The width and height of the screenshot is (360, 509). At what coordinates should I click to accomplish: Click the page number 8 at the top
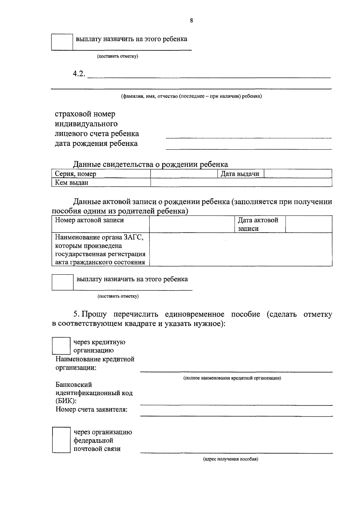click(191, 21)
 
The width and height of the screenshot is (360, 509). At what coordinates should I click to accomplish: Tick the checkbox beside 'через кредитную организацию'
click(61, 346)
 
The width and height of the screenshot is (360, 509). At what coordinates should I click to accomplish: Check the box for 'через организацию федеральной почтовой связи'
click(61, 440)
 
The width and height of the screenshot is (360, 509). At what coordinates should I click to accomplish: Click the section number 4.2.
click(79, 74)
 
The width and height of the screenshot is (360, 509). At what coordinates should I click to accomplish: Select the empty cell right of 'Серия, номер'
click(184, 174)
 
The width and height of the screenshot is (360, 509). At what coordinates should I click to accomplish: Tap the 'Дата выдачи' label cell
click(240, 174)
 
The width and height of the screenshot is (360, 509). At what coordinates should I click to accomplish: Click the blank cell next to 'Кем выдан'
click(241, 182)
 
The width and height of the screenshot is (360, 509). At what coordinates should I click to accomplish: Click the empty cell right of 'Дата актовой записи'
click(308, 224)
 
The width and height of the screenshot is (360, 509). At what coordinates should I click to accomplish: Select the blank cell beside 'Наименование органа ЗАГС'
click(240, 249)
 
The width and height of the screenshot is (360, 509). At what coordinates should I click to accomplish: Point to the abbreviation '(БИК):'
click(66, 401)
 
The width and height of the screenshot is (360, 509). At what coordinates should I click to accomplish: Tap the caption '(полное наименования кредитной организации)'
click(232, 378)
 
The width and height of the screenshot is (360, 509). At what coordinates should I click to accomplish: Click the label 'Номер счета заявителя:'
click(91, 409)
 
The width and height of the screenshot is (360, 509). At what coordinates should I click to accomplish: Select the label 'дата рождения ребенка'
click(96, 143)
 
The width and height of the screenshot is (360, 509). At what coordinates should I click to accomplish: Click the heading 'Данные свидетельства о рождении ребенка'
click(150, 164)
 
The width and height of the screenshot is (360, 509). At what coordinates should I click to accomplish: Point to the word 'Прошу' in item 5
click(94, 314)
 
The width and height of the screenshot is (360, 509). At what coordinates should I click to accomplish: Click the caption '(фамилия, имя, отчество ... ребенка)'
click(191, 96)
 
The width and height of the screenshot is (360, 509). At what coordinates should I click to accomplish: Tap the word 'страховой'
click(71, 114)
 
